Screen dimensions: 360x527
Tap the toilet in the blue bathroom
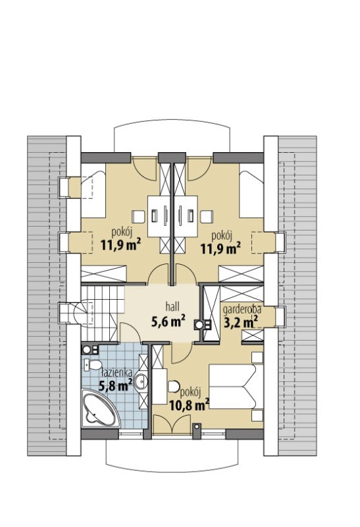pyautogui.click(x=93, y=365)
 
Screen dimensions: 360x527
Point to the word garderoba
pyautogui.click(x=242, y=309)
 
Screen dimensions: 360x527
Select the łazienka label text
pyautogui.click(x=116, y=372)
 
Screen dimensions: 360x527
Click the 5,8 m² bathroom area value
pyautogui.click(x=115, y=385)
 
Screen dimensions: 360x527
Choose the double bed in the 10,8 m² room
pyautogui.click(x=236, y=387)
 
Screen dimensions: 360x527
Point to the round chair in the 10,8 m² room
pyautogui.click(x=173, y=386)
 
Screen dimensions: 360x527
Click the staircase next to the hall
pyautogui.click(x=98, y=312)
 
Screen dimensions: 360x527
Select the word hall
pyautogui.click(x=172, y=306)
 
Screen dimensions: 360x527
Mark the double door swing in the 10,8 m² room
pyautogui.click(x=172, y=424)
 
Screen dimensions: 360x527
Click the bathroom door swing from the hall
pyautogui.click(x=130, y=332)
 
